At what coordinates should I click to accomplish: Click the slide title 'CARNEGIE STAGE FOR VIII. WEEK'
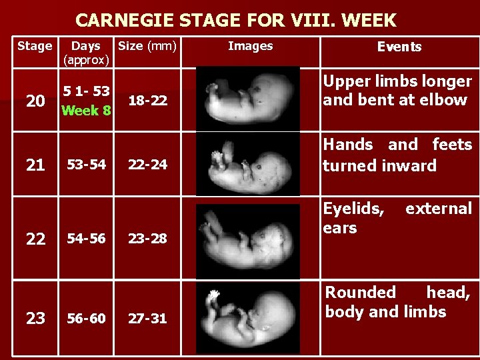235,20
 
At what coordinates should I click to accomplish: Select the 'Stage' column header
34,46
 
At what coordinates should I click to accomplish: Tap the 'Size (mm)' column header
147,46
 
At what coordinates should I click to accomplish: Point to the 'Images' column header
250,46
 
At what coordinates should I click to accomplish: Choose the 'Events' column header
399,47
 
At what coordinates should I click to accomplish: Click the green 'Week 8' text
86,110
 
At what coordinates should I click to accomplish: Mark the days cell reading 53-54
85,165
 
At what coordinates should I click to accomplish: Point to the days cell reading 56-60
85,319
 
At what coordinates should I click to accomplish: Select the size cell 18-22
147,101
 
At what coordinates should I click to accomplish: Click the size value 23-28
147,239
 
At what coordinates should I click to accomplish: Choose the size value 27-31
147,319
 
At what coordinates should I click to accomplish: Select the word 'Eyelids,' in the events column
353,209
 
